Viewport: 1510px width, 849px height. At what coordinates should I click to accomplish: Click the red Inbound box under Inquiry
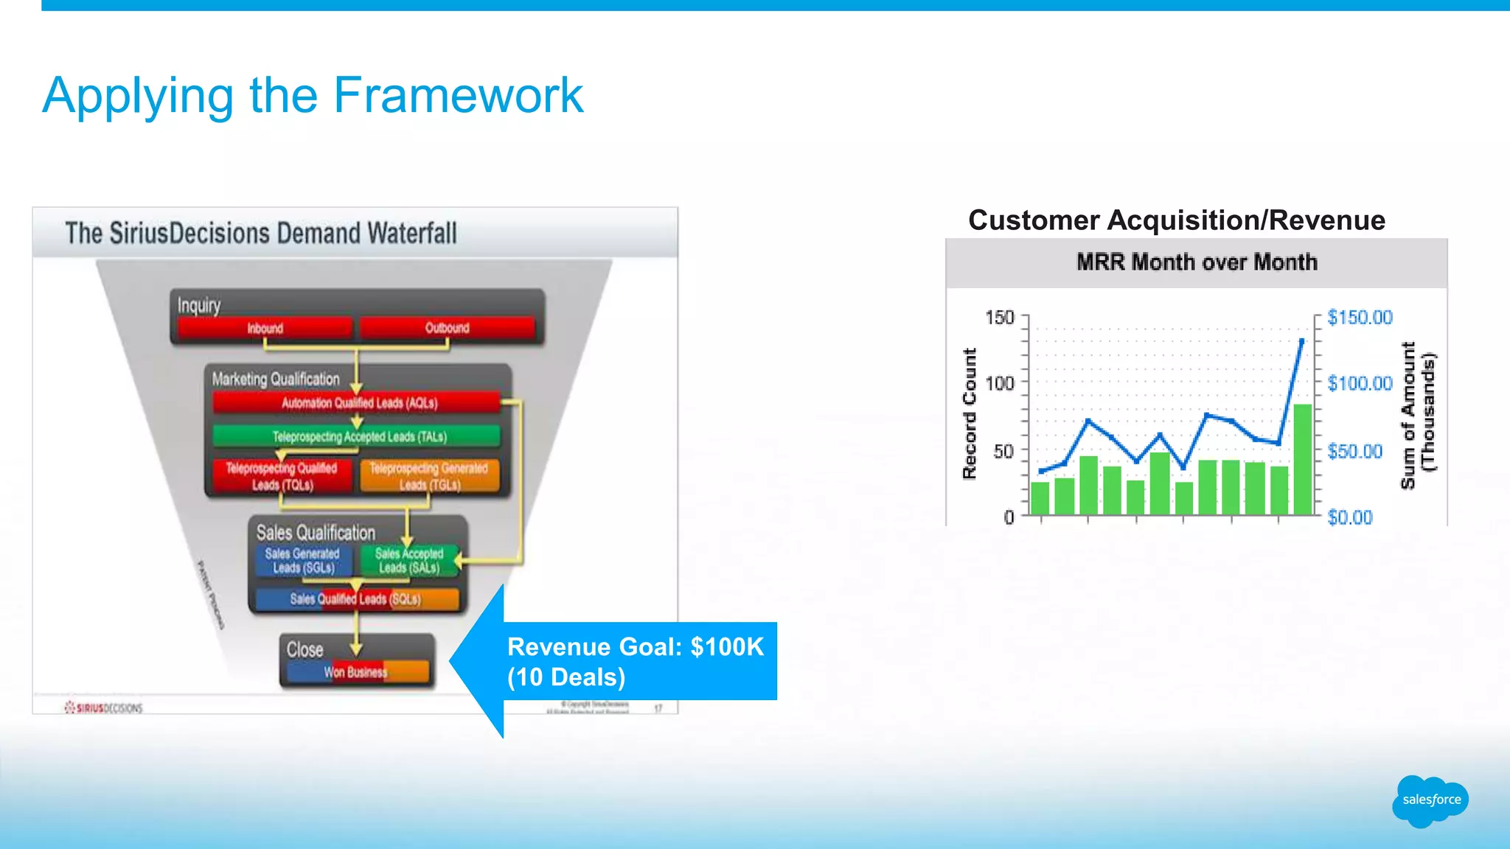click(265, 328)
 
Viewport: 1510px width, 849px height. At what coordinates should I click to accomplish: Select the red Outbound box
click(447, 328)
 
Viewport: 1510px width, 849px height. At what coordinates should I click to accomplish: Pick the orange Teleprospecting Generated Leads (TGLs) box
click(429, 476)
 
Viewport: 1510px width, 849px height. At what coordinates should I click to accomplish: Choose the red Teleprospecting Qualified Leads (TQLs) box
click(282, 476)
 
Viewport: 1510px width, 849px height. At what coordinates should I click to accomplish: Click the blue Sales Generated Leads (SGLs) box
click(302, 561)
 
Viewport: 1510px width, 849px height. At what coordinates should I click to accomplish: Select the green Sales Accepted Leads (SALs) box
click(408, 561)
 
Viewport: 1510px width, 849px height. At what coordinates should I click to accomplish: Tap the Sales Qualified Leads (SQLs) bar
click(356, 599)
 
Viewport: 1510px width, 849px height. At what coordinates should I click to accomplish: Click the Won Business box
click(356, 671)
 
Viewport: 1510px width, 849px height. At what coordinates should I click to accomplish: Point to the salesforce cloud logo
click(1430, 800)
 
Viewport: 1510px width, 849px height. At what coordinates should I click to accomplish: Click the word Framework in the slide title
click(458, 96)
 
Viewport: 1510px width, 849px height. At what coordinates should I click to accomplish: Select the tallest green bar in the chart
click(1302, 458)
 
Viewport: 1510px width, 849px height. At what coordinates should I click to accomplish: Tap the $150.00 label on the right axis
click(1360, 318)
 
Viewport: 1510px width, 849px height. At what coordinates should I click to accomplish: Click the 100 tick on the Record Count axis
click(1000, 384)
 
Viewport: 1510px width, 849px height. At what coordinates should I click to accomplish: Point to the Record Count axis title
click(970, 413)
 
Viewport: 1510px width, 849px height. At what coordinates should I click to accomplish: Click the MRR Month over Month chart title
click(1197, 262)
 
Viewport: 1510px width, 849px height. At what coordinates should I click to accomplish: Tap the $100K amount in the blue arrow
click(727, 647)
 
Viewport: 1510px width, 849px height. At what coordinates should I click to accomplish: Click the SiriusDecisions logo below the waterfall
click(103, 707)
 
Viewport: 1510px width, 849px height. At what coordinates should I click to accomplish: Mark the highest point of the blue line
click(1301, 340)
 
